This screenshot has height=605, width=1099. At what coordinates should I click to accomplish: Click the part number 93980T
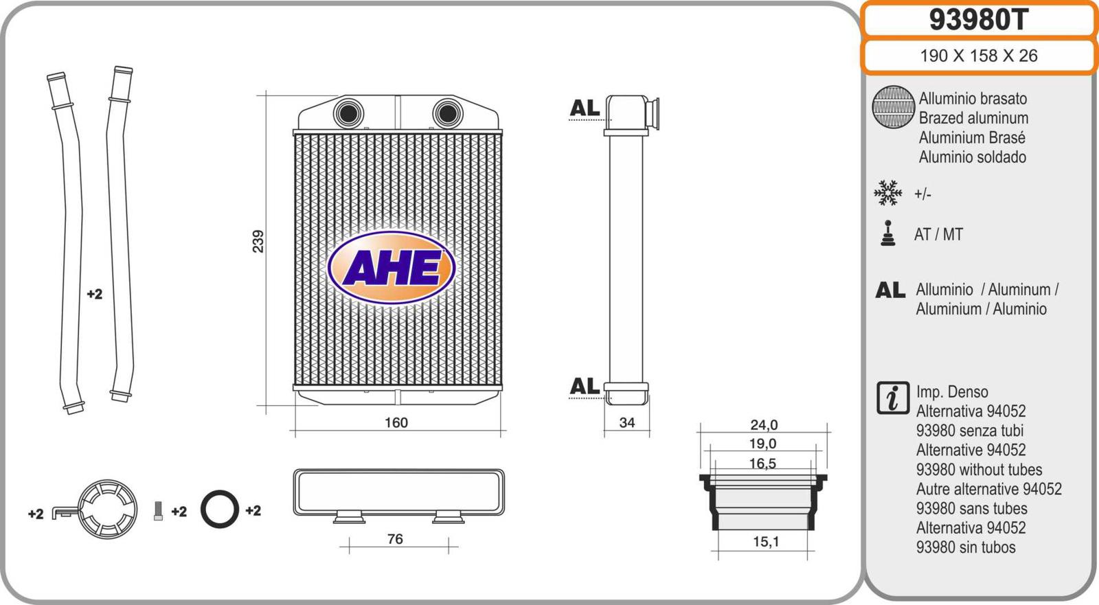(978, 20)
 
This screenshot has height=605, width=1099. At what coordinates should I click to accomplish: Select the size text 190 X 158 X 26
(979, 56)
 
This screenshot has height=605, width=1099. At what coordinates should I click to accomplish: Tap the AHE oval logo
(392, 267)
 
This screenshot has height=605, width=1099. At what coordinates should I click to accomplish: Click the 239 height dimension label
(258, 242)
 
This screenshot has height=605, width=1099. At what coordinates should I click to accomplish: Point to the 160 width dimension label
(396, 422)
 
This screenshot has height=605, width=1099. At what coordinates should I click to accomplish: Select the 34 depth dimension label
(627, 422)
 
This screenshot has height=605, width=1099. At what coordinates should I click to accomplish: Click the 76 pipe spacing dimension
(395, 539)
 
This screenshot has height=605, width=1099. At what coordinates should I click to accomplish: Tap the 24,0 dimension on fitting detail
(764, 424)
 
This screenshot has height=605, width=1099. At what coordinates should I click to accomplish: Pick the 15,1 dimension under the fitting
(765, 542)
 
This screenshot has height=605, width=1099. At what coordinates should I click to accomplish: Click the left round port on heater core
(348, 113)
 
